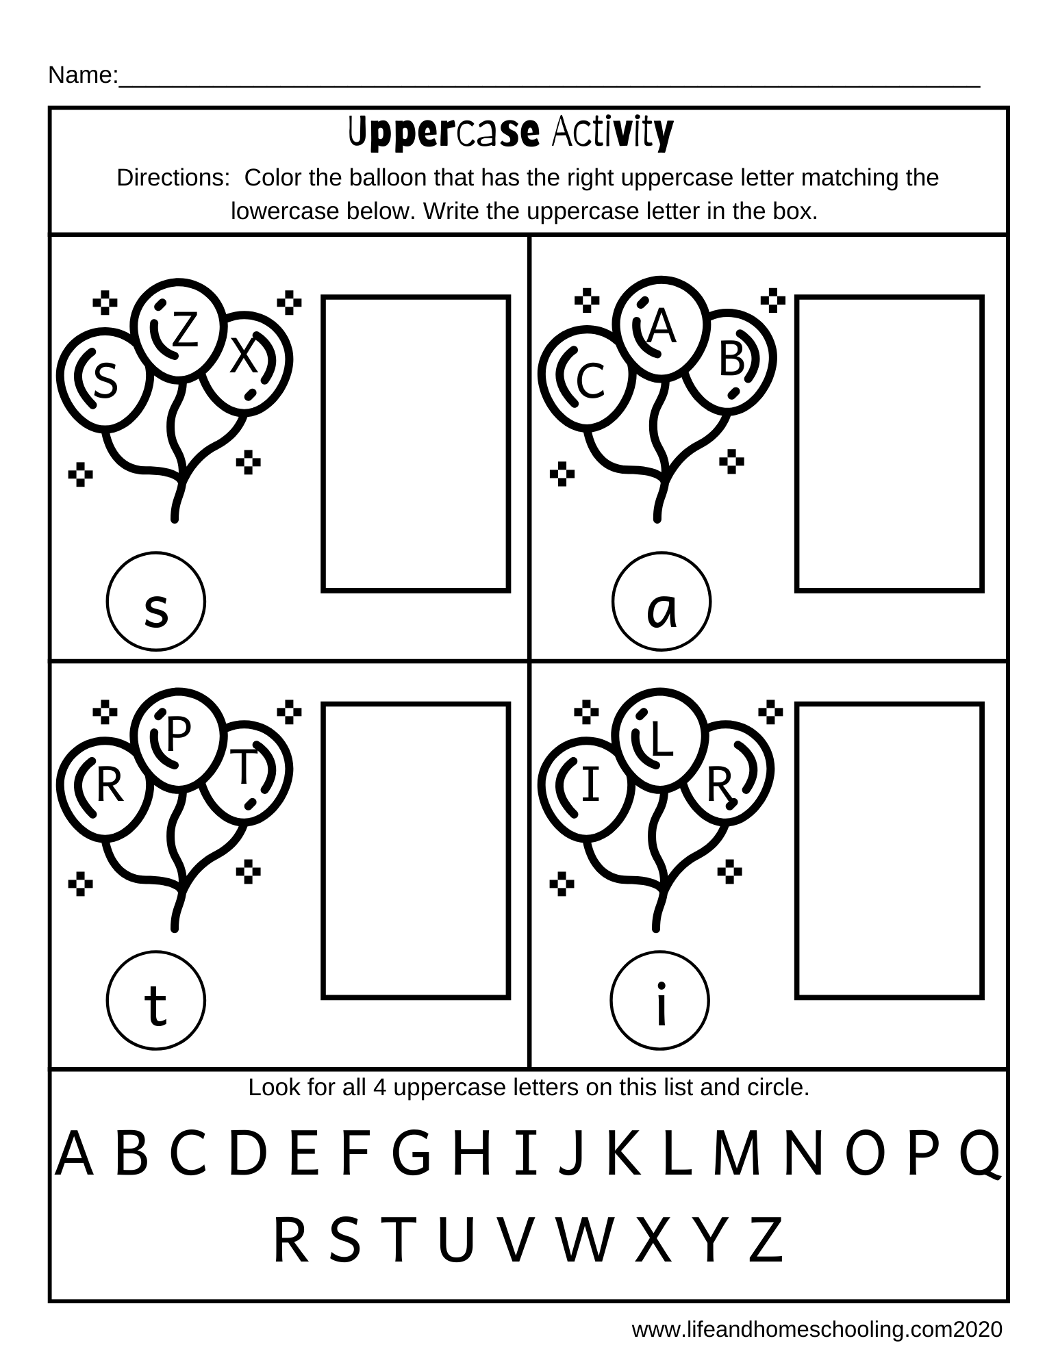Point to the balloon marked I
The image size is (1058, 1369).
point(588,787)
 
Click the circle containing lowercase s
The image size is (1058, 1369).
point(156,601)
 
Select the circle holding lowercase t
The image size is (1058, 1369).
point(156,1001)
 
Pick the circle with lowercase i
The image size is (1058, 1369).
point(660,1001)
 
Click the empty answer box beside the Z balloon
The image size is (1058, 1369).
point(416,444)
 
